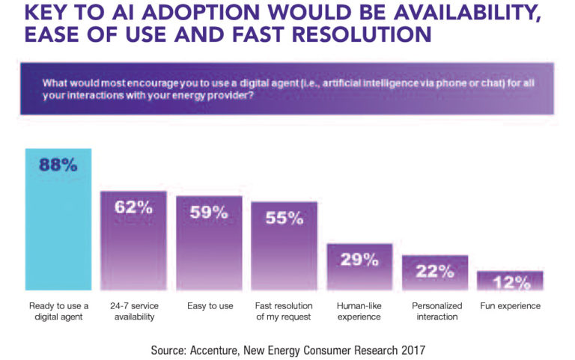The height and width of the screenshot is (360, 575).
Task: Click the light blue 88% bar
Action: click(x=58, y=225)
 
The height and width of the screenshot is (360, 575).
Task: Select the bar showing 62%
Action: click(x=134, y=247)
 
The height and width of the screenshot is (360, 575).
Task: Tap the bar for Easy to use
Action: click(x=209, y=251)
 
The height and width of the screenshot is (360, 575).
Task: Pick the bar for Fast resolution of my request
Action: click(x=284, y=254)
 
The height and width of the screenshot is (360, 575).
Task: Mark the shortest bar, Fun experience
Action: click(x=511, y=283)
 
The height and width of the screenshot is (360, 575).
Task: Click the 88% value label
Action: click(x=59, y=165)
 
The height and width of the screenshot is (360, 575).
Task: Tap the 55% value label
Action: click(x=285, y=218)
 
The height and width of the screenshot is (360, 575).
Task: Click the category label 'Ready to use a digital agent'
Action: click(x=58, y=311)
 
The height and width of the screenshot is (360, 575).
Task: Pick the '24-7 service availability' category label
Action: click(x=134, y=311)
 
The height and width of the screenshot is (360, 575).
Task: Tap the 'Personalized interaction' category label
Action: click(x=435, y=311)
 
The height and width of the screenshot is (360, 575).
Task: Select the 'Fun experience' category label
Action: click(x=511, y=306)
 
